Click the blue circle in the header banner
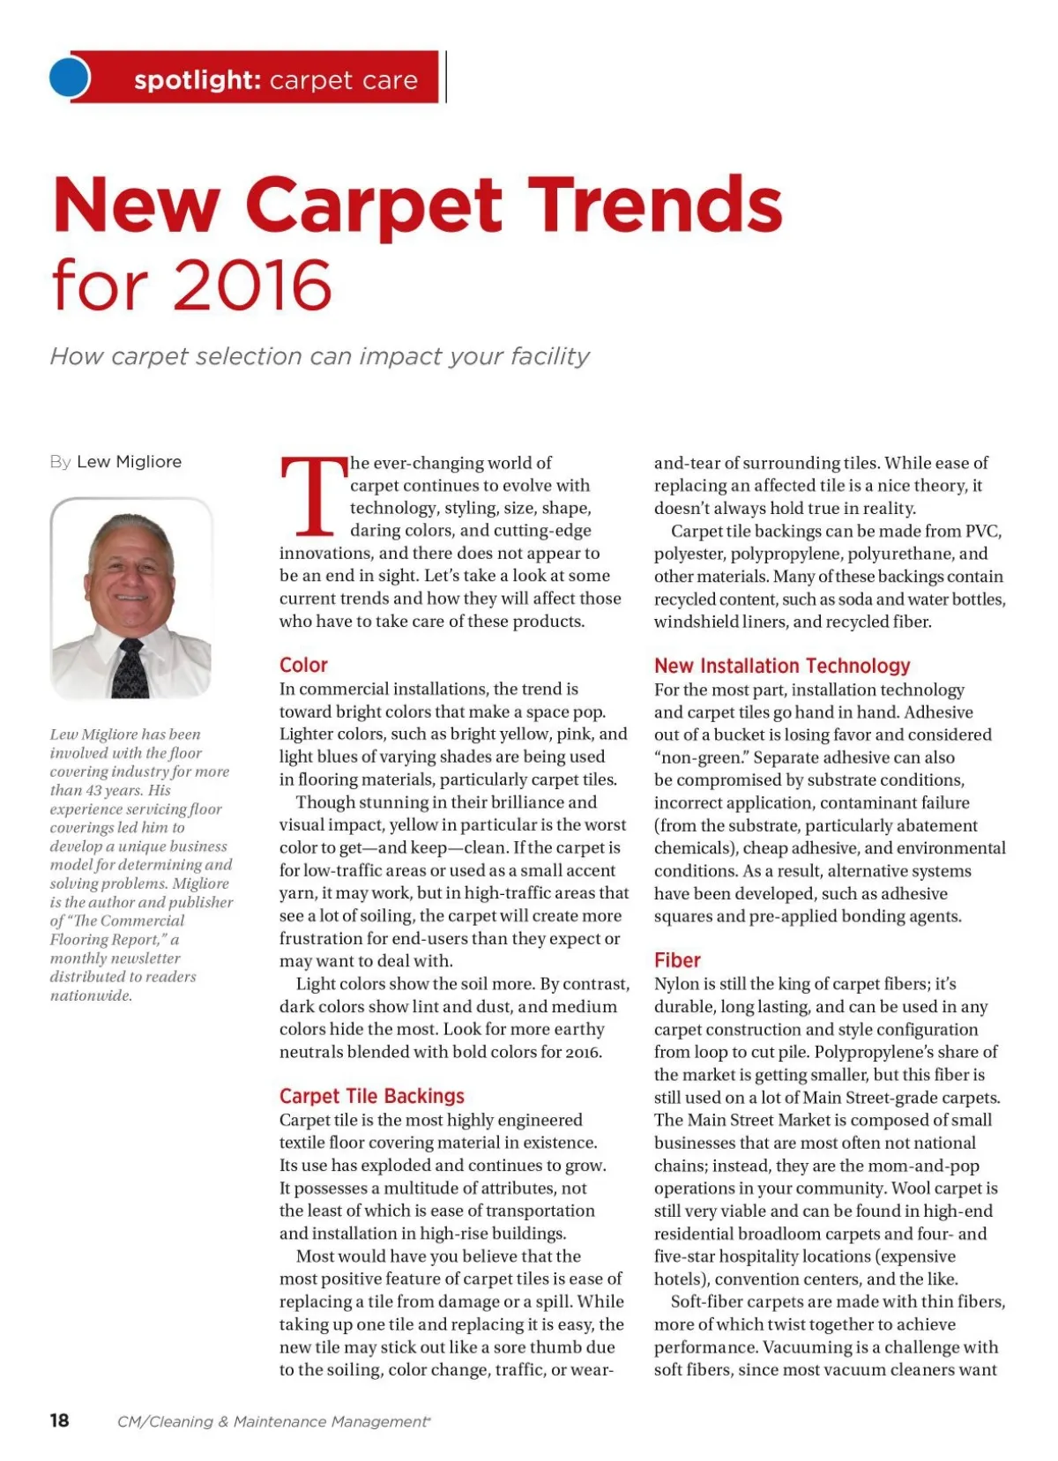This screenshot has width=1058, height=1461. [x=70, y=78]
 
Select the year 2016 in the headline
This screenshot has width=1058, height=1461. [x=253, y=286]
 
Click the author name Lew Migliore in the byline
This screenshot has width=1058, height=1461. [x=129, y=462]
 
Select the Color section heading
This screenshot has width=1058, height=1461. [x=303, y=665]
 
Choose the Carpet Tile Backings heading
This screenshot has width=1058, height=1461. [x=371, y=1096]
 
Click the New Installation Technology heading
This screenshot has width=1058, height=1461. [x=781, y=666]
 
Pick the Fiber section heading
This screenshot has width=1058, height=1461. [x=677, y=960]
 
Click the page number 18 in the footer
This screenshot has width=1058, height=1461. [x=59, y=1420]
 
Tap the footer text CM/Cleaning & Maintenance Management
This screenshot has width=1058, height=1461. [x=273, y=1421]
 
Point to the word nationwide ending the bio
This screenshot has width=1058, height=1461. [x=91, y=995]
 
